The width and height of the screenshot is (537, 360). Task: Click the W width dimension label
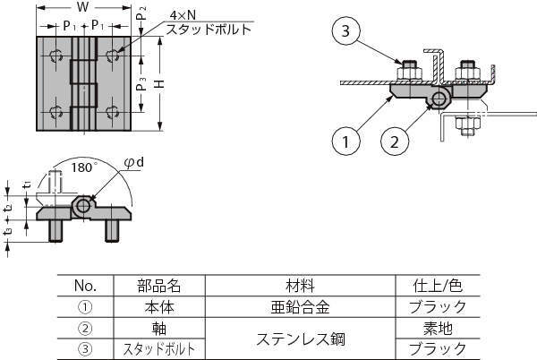[x=82, y=8]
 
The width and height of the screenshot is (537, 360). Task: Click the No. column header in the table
[x=85, y=287]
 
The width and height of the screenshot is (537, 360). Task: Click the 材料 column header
[x=300, y=287]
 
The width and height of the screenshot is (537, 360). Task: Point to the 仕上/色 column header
[x=437, y=287]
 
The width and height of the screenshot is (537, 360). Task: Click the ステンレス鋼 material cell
[x=300, y=339]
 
